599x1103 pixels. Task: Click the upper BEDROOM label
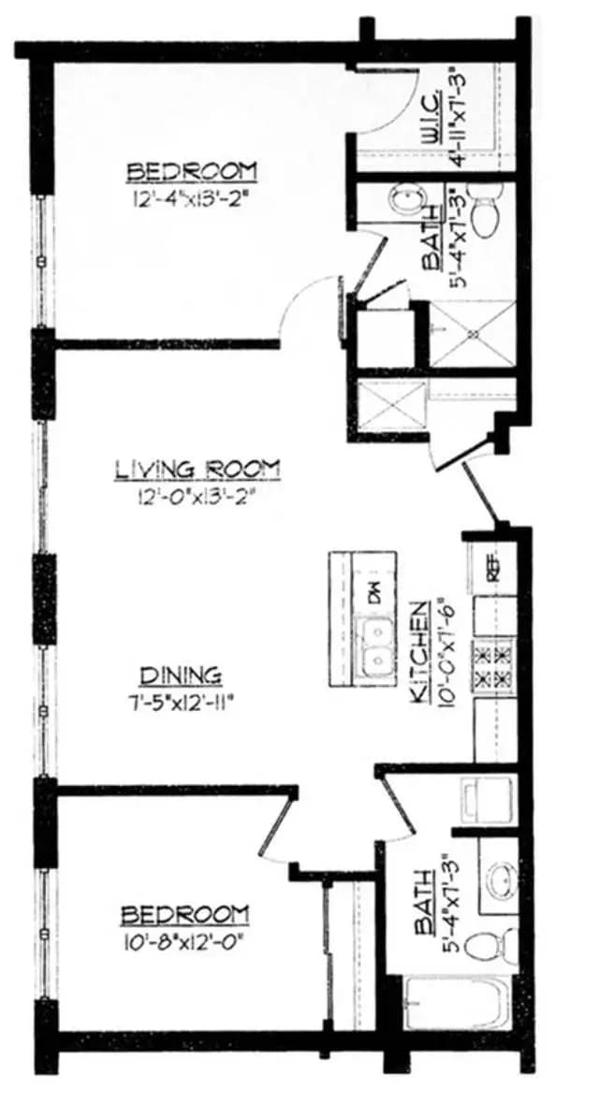[x=191, y=171]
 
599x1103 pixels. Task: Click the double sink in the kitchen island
[x=376, y=646]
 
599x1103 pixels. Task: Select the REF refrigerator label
[x=489, y=570]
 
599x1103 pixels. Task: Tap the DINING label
[x=181, y=674]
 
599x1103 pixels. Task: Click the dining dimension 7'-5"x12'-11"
[x=181, y=702]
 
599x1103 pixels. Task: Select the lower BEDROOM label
[x=187, y=913]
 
